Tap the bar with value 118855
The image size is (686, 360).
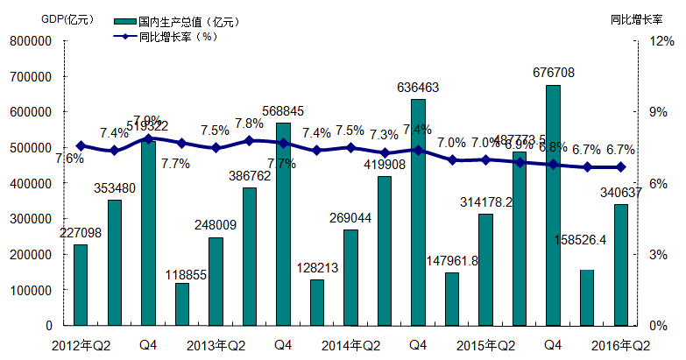182,304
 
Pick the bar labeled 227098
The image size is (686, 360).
81,285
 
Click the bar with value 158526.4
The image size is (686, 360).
588,297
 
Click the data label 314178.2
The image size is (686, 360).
485,201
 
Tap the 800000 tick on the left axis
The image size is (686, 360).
31,40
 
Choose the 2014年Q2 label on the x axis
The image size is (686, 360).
350,344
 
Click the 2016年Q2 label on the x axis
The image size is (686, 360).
621,344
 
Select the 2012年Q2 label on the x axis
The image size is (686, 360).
81,344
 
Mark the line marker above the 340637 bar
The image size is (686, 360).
621,167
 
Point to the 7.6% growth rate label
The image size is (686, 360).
70,159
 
